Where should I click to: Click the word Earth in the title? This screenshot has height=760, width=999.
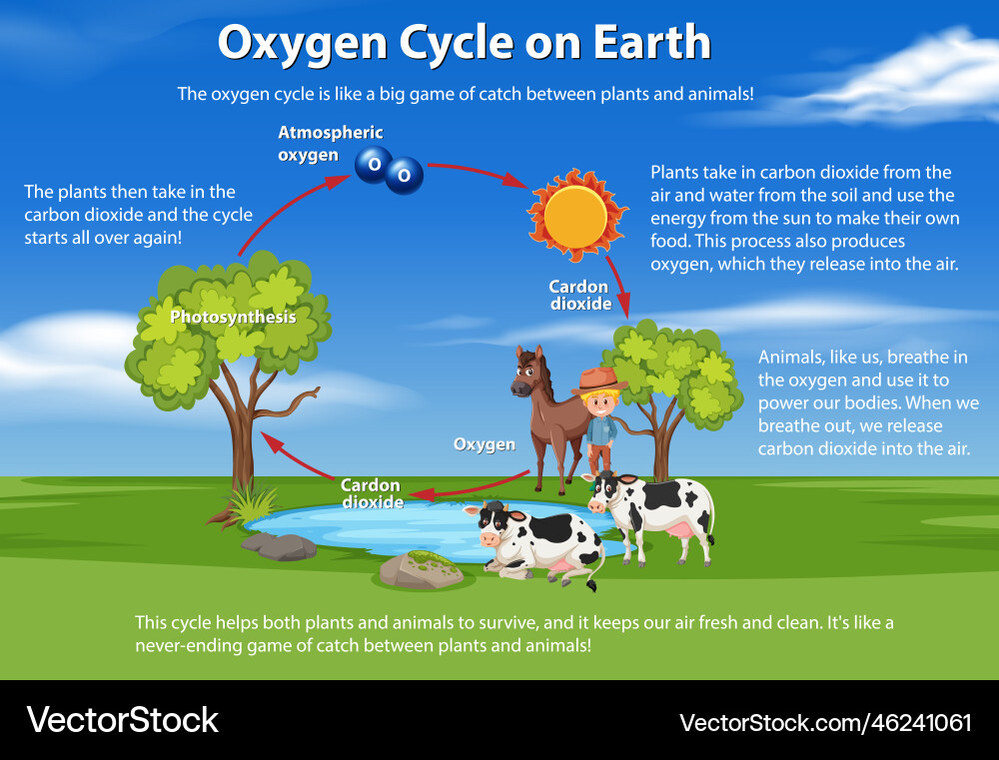652,42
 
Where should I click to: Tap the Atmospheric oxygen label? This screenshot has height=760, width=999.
330,144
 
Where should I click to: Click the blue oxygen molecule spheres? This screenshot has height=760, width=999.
389,170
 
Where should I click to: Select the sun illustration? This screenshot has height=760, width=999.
576,216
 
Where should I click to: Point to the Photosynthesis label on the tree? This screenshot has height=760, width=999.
233,317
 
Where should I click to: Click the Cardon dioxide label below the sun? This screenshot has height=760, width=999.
579,295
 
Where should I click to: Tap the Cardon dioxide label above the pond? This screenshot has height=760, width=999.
372,493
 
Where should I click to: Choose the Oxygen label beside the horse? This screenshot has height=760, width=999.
485,444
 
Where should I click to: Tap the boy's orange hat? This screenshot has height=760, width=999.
598,380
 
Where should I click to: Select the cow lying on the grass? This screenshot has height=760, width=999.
535,542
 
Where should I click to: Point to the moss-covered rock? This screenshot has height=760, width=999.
420,569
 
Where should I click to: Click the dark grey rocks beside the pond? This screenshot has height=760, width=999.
279,546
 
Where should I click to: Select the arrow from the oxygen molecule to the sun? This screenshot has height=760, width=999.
478,173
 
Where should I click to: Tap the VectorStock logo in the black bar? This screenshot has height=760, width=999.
122,720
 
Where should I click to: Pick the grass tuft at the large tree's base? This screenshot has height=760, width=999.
253,503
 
